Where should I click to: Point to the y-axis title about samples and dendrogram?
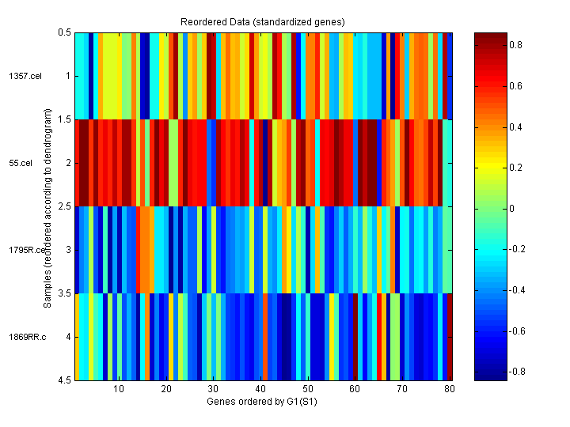(x=47, y=207)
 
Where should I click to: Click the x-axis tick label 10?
(x=119, y=389)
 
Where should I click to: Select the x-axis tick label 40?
(x=260, y=389)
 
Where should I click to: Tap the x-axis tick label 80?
(x=450, y=389)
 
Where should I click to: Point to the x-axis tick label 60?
(x=355, y=389)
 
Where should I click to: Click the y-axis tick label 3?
(x=67, y=250)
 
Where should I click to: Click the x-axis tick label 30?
(x=214, y=389)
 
